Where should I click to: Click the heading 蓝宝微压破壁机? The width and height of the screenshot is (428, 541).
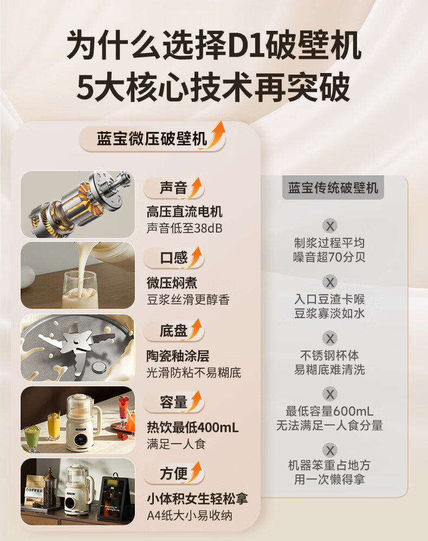point(152,139)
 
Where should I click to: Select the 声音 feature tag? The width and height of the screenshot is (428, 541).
point(173,188)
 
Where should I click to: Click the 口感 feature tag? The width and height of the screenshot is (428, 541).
point(173,258)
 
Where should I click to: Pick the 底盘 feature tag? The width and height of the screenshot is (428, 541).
point(173,331)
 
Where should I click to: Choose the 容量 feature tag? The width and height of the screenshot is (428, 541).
point(173,403)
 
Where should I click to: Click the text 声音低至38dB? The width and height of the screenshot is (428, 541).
point(184,228)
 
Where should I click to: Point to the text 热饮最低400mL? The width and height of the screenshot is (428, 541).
point(192,427)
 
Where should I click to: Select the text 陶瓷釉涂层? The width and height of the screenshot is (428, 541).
point(178,356)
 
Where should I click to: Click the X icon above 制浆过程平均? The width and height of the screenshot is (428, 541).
point(330,226)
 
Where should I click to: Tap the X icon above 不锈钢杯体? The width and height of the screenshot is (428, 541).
point(330,338)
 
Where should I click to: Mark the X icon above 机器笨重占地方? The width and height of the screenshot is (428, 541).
point(330,450)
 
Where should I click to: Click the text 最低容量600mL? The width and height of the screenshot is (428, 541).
point(329,411)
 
